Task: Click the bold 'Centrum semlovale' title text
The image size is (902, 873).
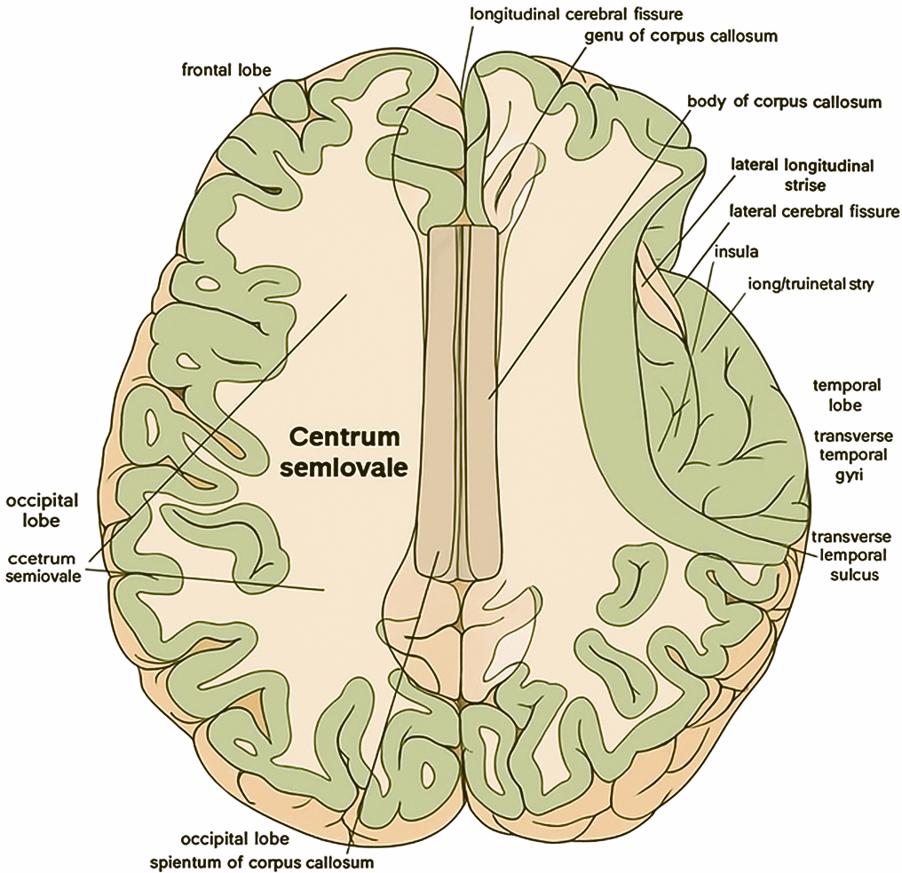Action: [x=347, y=452]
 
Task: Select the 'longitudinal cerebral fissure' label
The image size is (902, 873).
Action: [x=566, y=14]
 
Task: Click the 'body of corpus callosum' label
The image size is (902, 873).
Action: [x=785, y=101]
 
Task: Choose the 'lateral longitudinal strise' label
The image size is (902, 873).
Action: [x=802, y=175]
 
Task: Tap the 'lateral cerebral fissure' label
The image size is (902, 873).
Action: [x=814, y=211]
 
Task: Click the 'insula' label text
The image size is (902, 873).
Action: [x=736, y=251]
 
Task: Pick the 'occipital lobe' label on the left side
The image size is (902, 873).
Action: [x=42, y=510]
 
